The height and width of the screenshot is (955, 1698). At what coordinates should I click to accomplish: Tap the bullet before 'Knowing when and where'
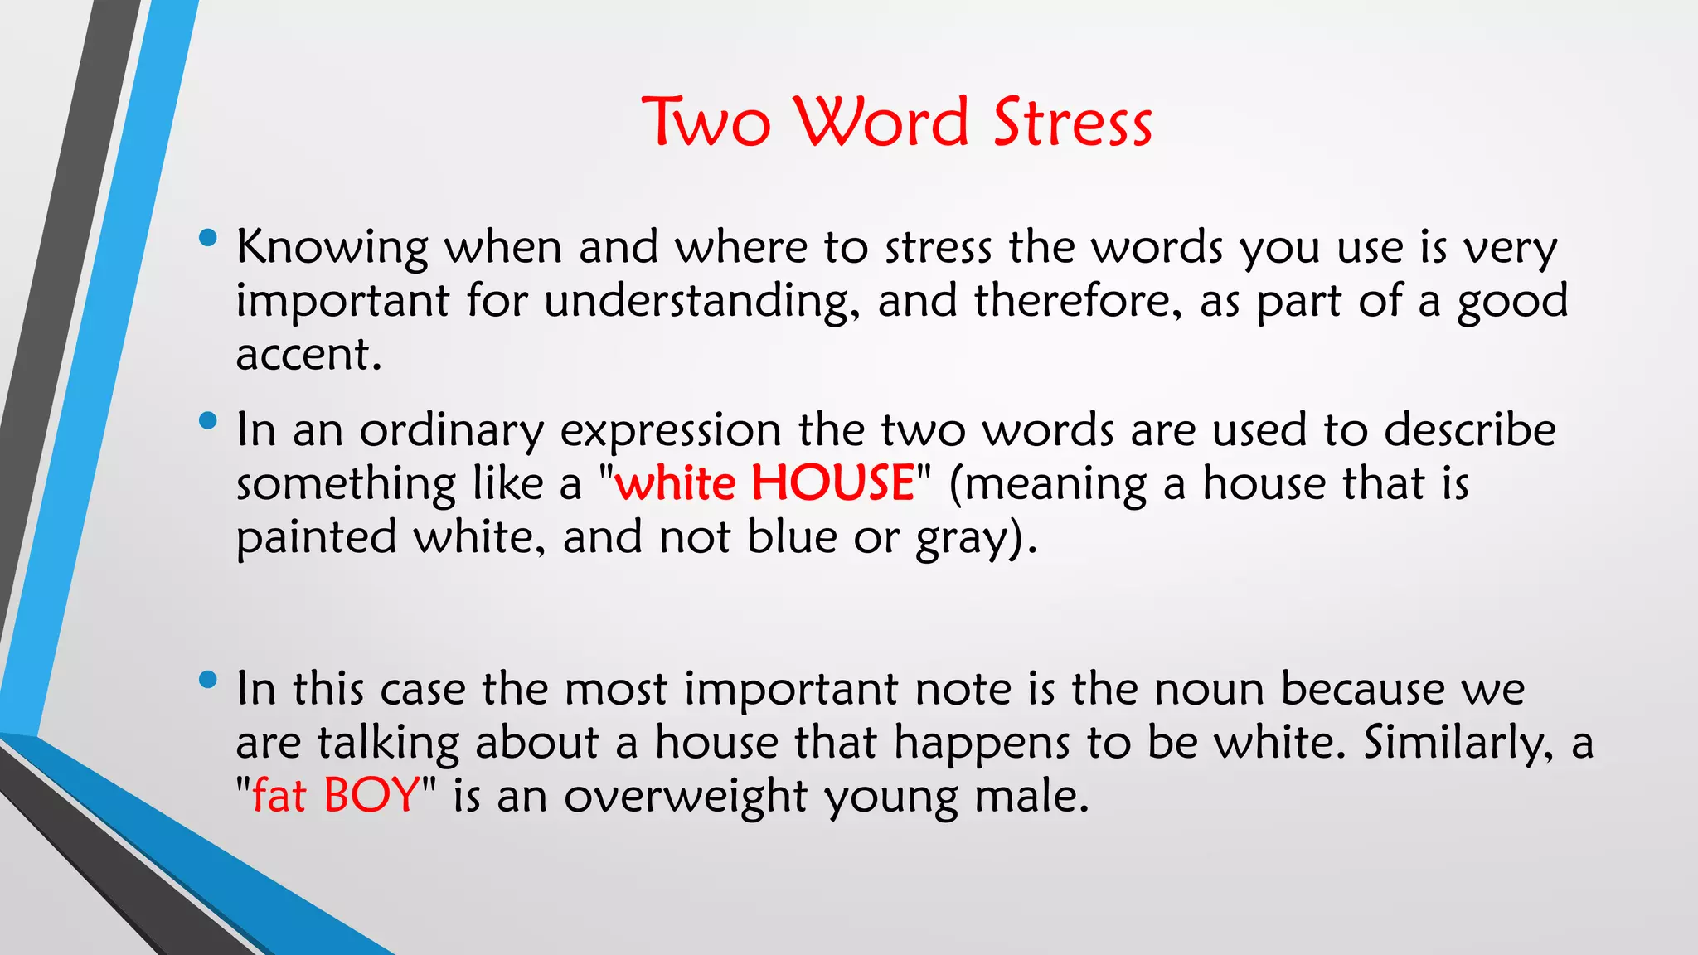point(208,240)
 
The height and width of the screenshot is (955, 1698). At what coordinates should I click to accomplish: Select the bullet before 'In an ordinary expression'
point(208,422)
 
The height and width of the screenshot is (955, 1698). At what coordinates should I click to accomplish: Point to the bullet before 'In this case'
point(208,681)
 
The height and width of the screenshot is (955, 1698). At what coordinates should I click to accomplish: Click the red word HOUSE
point(832,483)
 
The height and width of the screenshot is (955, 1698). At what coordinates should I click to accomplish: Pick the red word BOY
point(371,796)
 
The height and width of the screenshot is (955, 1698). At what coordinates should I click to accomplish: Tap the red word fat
point(279,796)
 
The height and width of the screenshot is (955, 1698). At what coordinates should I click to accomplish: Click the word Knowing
point(332,248)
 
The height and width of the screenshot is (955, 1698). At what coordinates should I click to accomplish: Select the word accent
point(308,355)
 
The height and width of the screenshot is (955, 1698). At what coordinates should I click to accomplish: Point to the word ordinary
point(451,432)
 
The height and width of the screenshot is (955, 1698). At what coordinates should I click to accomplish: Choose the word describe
point(1469,430)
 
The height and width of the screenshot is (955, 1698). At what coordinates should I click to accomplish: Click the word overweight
point(685,797)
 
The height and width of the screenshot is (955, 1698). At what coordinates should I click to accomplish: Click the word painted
point(317,539)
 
